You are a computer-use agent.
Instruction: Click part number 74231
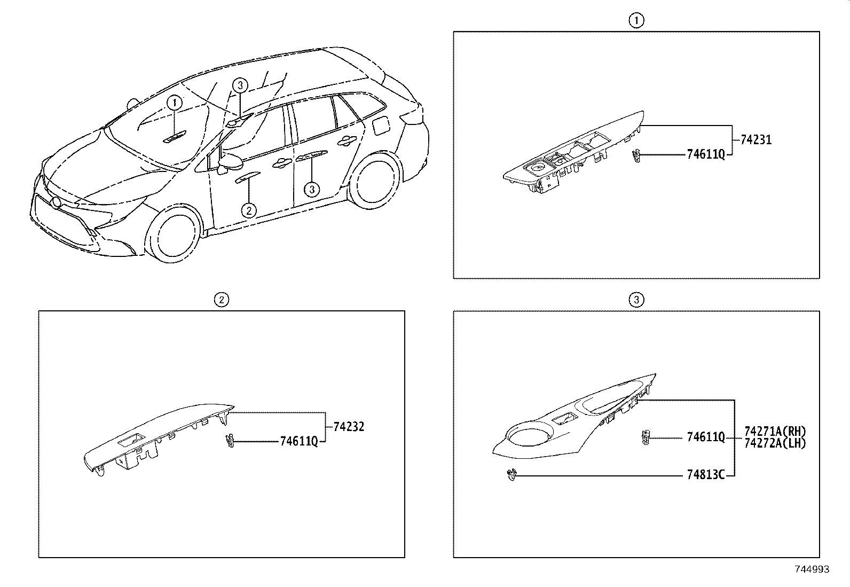click(x=756, y=140)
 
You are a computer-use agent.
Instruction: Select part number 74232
click(x=349, y=427)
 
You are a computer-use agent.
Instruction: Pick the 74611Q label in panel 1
click(x=705, y=154)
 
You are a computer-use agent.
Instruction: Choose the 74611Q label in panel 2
click(x=298, y=441)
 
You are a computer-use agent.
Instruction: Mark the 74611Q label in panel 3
click(x=705, y=437)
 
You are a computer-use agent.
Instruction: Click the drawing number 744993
click(x=812, y=569)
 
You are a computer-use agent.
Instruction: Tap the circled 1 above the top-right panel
click(x=636, y=20)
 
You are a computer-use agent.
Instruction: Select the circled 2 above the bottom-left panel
click(x=221, y=300)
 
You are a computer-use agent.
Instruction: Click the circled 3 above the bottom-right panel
click(x=636, y=300)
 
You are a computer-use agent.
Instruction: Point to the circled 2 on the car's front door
click(x=249, y=210)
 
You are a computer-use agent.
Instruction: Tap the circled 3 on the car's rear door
click(x=312, y=189)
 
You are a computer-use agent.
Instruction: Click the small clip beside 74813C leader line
click(x=511, y=474)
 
